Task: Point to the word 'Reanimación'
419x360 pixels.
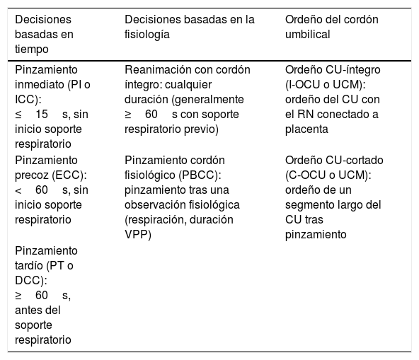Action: (157, 70)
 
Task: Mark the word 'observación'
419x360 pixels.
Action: (155, 205)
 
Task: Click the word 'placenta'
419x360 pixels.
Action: (306, 129)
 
